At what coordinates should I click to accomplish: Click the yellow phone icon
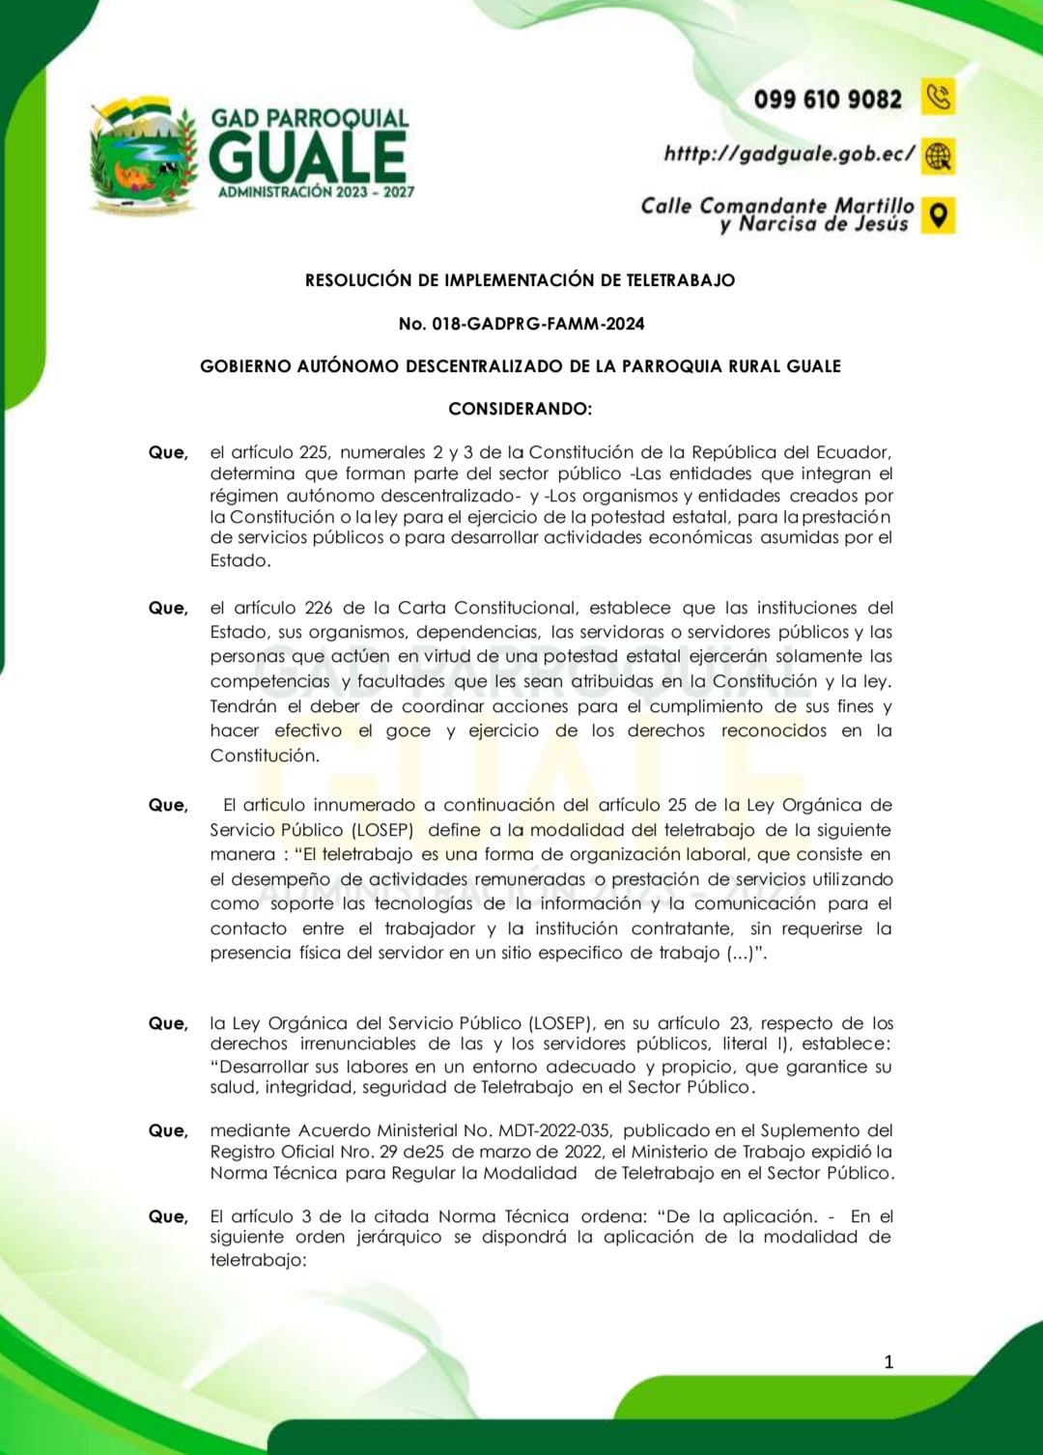point(938,97)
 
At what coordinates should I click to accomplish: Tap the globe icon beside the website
point(938,156)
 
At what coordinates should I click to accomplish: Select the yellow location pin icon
point(938,214)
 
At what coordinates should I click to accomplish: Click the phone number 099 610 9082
point(828,100)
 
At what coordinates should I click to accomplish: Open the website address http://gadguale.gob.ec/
point(789,154)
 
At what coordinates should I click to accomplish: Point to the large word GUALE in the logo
point(308,157)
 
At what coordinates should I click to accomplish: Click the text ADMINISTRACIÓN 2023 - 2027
point(316,192)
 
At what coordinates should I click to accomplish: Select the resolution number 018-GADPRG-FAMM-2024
point(538,324)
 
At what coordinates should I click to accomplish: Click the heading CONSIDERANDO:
point(521,409)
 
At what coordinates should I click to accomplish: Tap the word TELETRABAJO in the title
point(681,280)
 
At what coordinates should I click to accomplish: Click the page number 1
point(888,1362)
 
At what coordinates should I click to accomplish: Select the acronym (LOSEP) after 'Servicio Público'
point(382,830)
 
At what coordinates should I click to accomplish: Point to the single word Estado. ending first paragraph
point(240,560)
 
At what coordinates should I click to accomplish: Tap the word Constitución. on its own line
point(265,756)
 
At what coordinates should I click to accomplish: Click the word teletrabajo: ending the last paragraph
point(258,1260)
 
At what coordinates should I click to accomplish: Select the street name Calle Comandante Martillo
point(777,206)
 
